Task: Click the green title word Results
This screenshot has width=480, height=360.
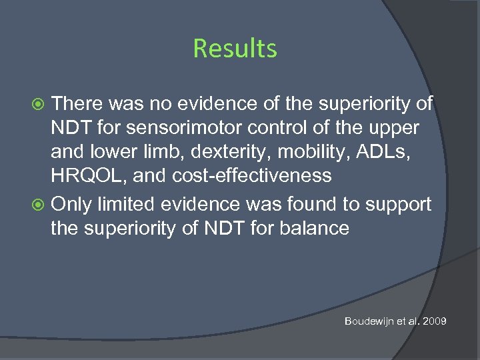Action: [x=235, y=49]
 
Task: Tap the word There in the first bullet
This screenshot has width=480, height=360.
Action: [x=78, y=103]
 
